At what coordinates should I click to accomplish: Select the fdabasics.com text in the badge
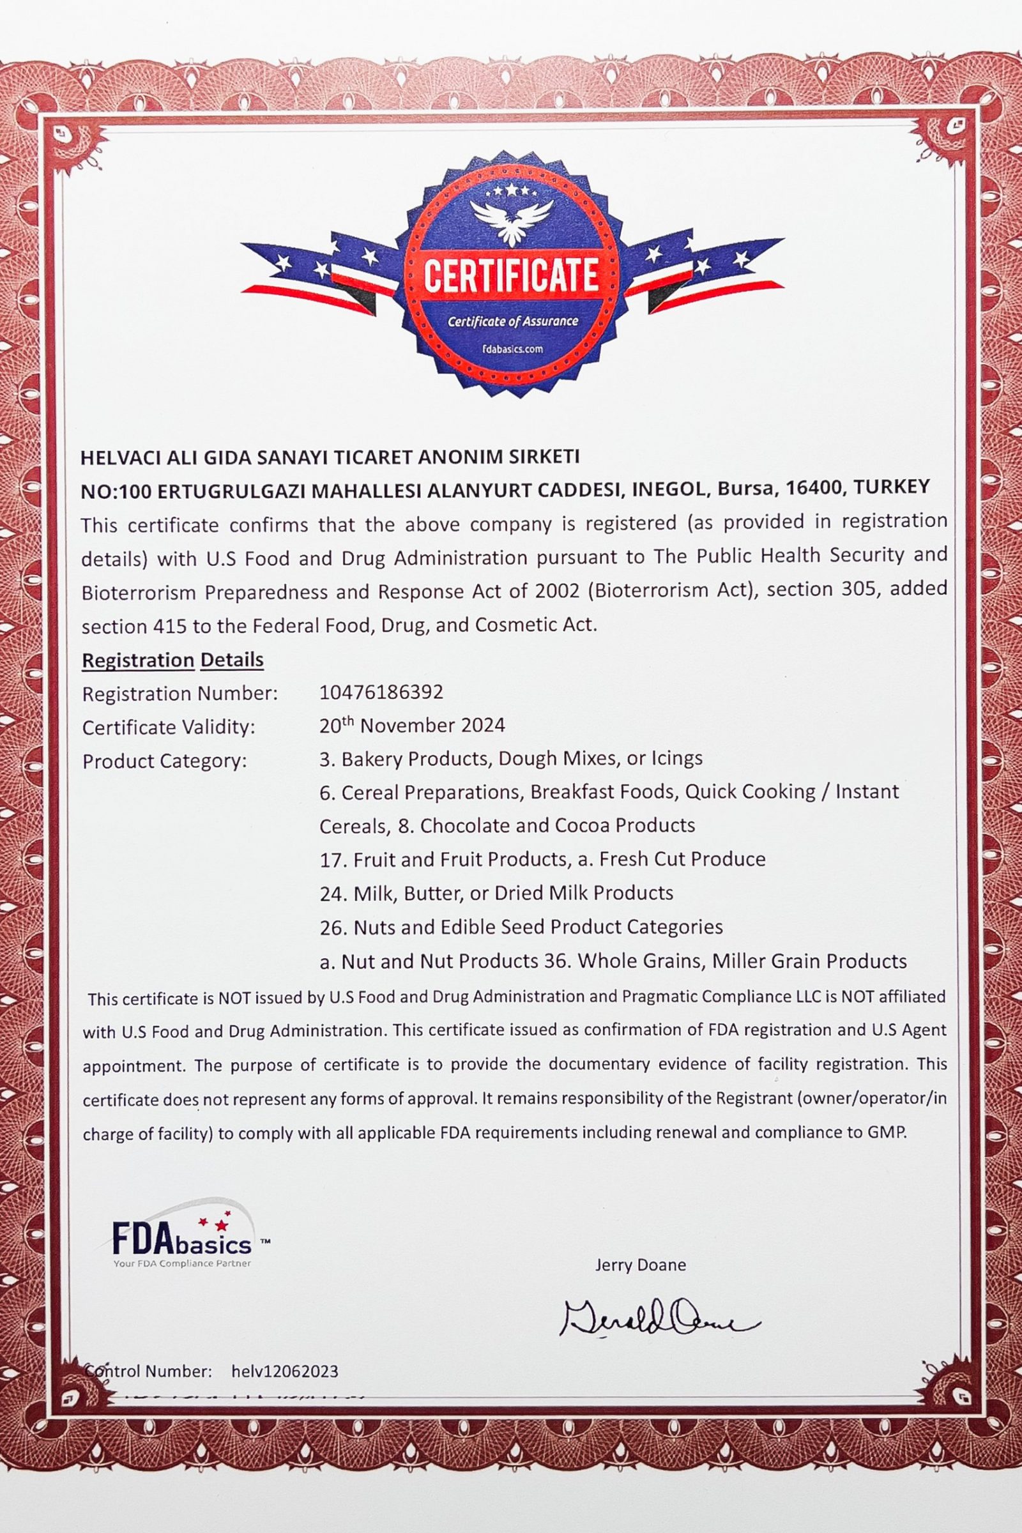[512, 349]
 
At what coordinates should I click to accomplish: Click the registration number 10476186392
[381, 692]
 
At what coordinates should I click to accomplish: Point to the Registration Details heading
[172, 660]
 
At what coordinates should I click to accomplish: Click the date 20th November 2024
[412, 726]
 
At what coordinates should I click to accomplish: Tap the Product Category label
[165, 761]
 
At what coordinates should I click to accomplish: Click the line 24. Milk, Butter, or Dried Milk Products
[496, 892]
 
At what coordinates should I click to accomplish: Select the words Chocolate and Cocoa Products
[558, 825]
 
